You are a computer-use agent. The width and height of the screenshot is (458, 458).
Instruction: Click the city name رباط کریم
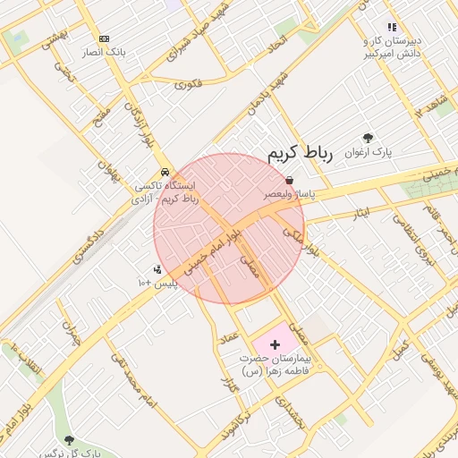click(301, 153)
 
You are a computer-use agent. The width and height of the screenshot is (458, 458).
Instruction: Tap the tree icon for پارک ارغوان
click(369, 138)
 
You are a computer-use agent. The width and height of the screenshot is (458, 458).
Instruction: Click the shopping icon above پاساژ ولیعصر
click(289, 180)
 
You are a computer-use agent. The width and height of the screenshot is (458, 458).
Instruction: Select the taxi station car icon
click(165, 173)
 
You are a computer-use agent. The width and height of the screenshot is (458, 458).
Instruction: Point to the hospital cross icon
click(275, 343)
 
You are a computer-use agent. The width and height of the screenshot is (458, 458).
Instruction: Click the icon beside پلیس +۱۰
click(157, 269)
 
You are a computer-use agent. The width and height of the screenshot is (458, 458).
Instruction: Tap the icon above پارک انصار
click(105, 39)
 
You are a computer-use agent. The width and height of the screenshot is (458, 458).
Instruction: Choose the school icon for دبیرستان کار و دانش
click(391, 27)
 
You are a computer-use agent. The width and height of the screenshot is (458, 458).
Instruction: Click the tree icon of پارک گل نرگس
click(70, 439)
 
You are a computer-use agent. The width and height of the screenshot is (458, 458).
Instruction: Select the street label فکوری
click(189, 84)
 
